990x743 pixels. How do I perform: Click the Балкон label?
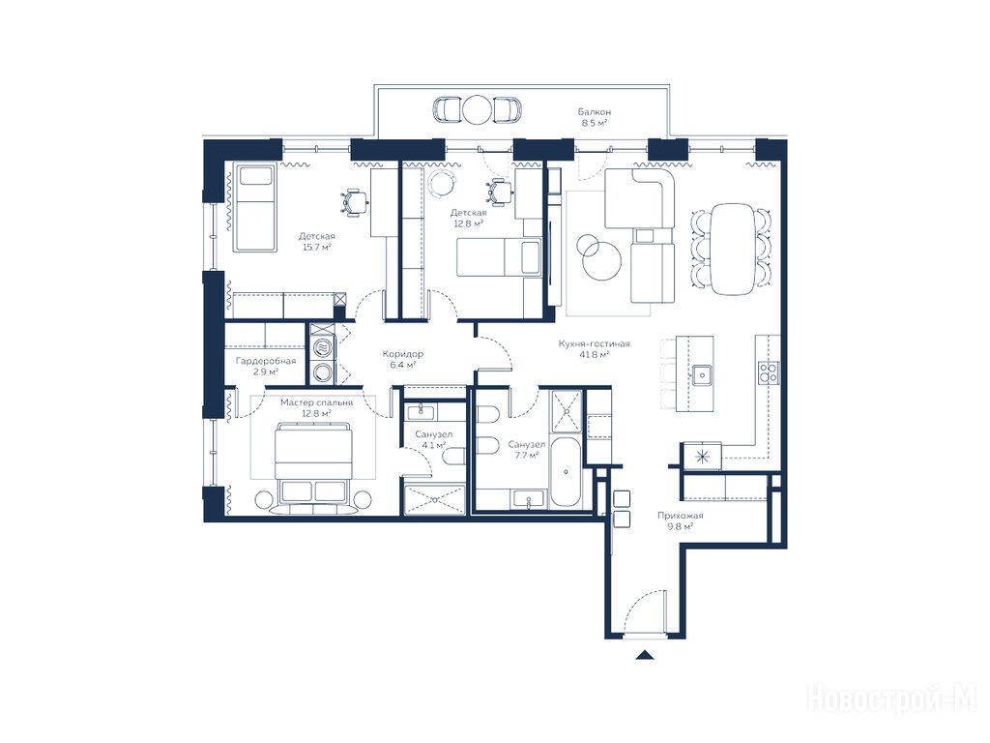point(595,112)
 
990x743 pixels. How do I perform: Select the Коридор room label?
point(403,354)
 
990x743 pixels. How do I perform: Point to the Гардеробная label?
point(266,361)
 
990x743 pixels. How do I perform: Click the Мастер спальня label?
point(316,402)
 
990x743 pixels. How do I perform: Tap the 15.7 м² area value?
point(317,247)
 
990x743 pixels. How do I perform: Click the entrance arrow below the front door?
point(644,655)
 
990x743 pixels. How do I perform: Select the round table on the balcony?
point(477,109)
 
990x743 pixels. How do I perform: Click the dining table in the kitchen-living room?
point(733,249)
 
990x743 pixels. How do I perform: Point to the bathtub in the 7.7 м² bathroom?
point(565,471)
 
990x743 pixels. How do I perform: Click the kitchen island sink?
point(701,374)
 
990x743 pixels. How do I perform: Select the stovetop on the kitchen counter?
point(769,372)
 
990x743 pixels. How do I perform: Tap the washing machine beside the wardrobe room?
point(323,372)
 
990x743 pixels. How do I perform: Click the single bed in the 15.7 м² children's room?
point(255,208)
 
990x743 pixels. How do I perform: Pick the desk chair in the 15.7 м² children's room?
point(355,202)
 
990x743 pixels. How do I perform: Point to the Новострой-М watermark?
point(892,700)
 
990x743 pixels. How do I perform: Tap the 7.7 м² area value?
point(526,455)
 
